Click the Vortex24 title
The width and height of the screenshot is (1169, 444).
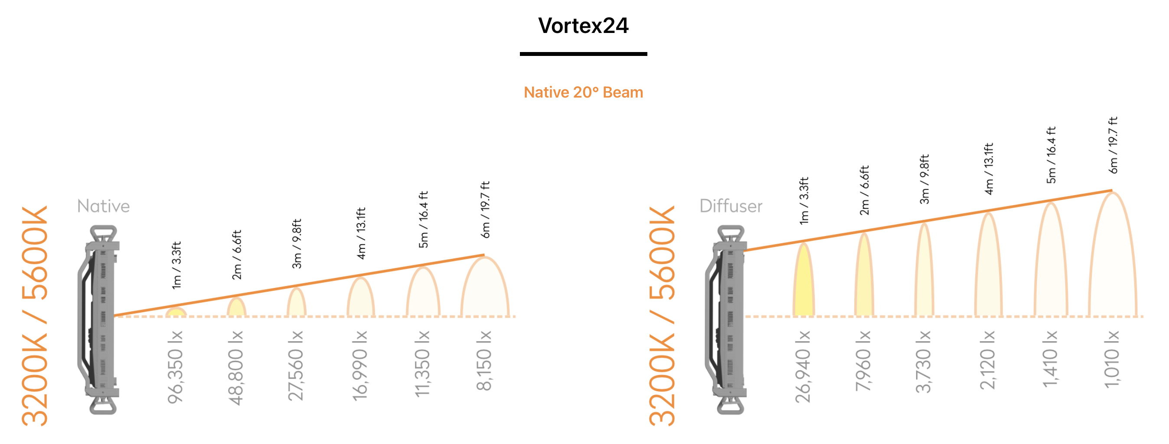(583, 26)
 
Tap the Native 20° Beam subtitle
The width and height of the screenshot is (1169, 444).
(583, 92)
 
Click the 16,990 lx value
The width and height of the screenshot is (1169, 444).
(360, 366)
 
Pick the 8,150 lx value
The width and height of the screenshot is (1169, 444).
(484, 360)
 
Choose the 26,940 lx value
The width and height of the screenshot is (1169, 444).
(803, 366)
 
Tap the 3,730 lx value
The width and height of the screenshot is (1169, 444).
(924, 361)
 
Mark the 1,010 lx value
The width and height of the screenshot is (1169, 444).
(1112, 359)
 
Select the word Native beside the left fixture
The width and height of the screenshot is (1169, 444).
(104, 206)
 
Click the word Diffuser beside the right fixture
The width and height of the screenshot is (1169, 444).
(731, 206)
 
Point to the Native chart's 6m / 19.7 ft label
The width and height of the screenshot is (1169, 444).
(485, 209)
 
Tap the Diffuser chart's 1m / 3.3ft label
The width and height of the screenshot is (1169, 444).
(804, 200)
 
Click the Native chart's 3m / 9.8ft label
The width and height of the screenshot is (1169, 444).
(296, 243)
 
